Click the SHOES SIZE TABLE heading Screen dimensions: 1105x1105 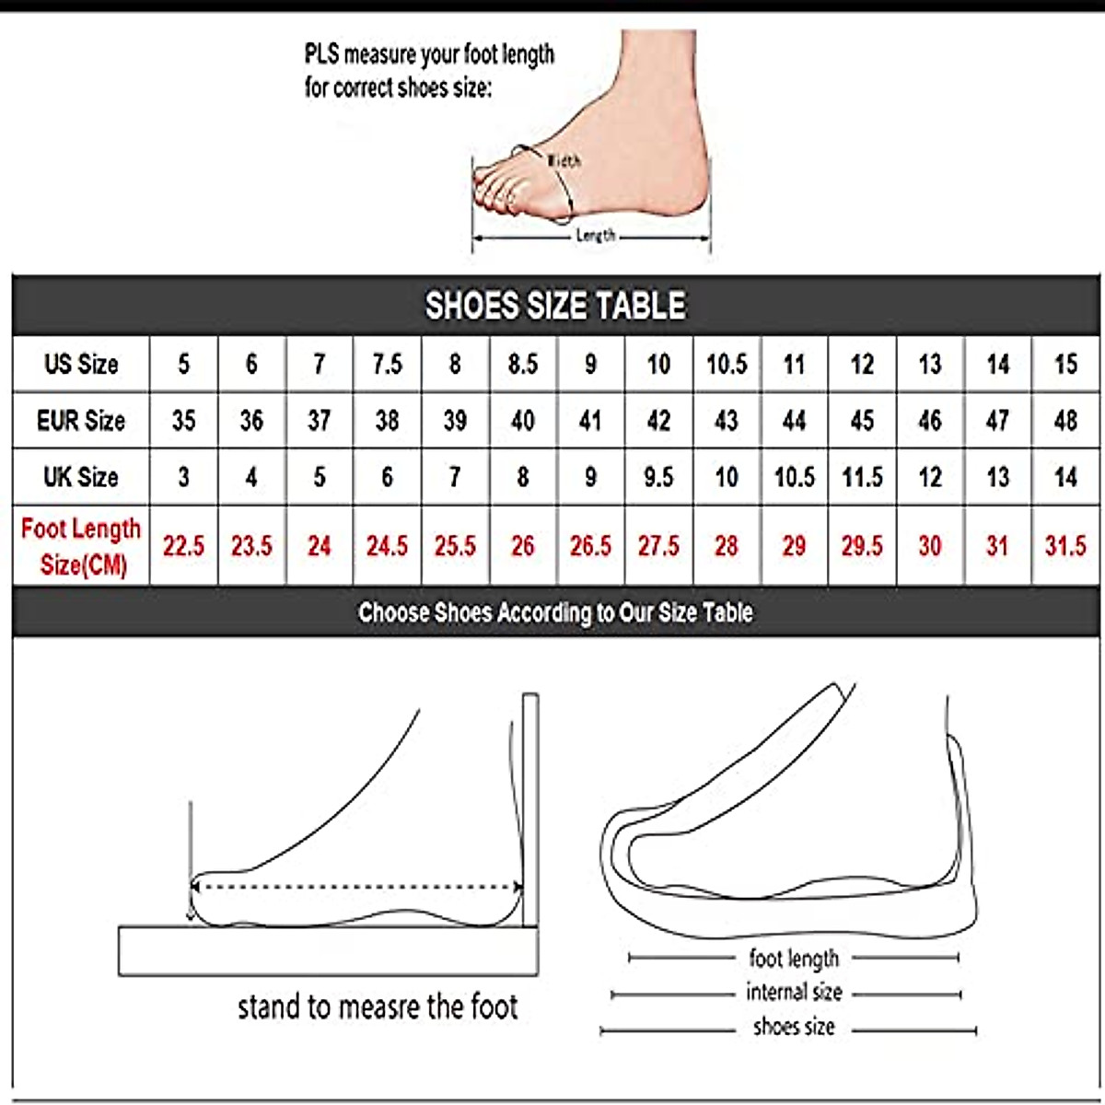555,306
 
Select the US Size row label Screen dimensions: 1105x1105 81,364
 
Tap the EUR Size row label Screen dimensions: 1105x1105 81,421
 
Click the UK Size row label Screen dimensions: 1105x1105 81,477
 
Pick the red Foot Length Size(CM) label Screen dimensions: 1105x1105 81,546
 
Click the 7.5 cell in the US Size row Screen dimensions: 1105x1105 387,364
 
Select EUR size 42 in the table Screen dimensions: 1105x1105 658,421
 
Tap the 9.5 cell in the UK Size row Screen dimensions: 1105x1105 658,477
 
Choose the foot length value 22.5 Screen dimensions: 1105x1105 183,546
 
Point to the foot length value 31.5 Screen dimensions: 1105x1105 1065,546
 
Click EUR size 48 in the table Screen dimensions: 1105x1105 1065,421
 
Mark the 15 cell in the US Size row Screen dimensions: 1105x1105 1065,364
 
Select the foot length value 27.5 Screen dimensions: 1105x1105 658,546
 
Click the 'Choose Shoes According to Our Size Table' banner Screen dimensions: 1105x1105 555,612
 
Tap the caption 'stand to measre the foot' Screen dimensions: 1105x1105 378,1006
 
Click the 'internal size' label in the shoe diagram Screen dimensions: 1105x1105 794,993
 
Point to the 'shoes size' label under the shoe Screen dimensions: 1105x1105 794,1027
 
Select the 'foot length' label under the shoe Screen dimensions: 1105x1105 794,959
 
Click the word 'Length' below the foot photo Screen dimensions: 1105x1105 595,236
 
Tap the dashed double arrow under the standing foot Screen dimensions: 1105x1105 356,888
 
